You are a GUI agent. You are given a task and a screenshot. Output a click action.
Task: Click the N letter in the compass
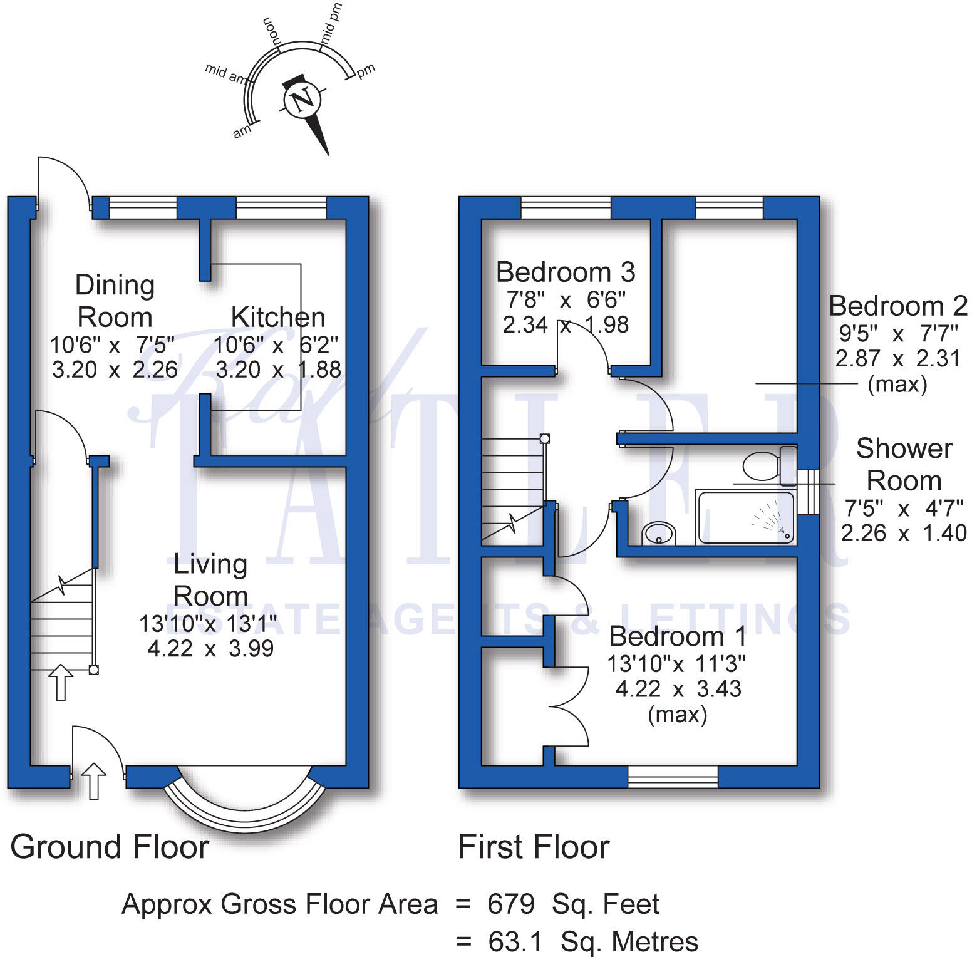click(303, 100)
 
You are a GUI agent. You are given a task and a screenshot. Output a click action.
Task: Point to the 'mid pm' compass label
click(332, 24)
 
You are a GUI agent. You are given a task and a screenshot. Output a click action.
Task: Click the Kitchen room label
click(278, 317)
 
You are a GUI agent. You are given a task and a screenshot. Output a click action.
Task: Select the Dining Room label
click(115, 301)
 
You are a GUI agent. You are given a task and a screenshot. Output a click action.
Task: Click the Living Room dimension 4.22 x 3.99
click(210, 648)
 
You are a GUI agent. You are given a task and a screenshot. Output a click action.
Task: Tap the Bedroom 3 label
click(566, 272)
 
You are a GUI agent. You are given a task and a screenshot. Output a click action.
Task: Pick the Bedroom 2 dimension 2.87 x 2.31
click(897, 358)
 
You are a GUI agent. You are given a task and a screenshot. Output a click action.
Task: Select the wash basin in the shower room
click(658, 534)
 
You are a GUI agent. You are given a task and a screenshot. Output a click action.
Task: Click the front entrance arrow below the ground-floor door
click(95, 780)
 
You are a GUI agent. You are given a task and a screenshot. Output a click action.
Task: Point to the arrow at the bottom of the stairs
click(61, 682)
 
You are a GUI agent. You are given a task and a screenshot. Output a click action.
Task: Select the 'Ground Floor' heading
click(110, 847)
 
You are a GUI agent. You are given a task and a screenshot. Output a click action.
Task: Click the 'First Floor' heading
click(534, 847)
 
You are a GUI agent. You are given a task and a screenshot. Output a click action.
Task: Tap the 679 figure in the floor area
click(511, 904)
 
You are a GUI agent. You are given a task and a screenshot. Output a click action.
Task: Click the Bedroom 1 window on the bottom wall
click(673, 777)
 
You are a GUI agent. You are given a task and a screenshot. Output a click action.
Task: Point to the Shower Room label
click(904, 465)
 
